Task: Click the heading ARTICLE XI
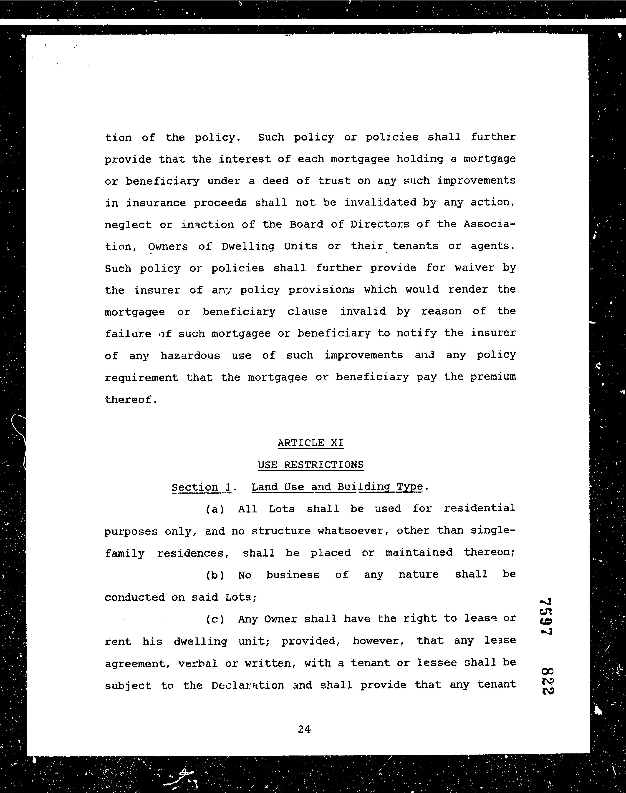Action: pos(310,443)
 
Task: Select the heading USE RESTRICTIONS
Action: pos(310,465)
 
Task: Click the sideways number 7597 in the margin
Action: pos(546,617)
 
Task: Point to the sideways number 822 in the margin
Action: pos(547,680)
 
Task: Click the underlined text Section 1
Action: pos(201,487)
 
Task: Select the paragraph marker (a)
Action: pos(215,509)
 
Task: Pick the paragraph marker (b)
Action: pos(215,575)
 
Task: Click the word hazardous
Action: pos(190,355)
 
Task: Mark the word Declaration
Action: pos(247,685)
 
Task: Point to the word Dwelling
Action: pos(248,246)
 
